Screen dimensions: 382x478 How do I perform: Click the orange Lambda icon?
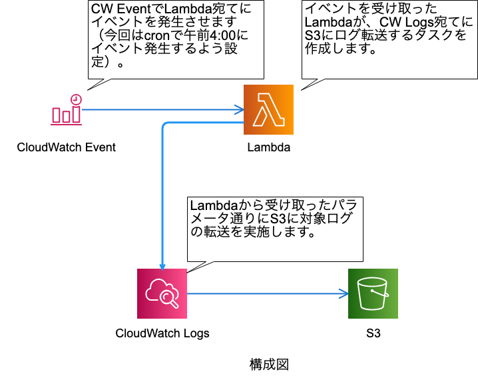(268, 109)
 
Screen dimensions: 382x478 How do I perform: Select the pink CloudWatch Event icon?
(67, 109)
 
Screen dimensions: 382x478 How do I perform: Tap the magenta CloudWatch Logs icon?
(162, 293)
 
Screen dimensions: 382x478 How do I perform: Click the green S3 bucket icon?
(373, 293)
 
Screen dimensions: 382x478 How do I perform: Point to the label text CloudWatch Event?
(66, 147)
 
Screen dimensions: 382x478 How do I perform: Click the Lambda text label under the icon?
(268, 147)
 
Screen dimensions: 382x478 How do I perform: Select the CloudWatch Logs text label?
(162, 333)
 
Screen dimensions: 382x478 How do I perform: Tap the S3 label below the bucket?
(373, 333)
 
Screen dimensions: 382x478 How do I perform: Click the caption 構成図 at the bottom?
(269, 364)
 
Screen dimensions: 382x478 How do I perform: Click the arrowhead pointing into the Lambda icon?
(239, 109)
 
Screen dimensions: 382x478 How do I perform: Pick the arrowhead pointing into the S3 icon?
(344, 293)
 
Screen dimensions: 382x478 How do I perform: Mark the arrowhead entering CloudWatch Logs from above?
(162, 264)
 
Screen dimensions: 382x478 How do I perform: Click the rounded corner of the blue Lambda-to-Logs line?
(165, 125)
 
